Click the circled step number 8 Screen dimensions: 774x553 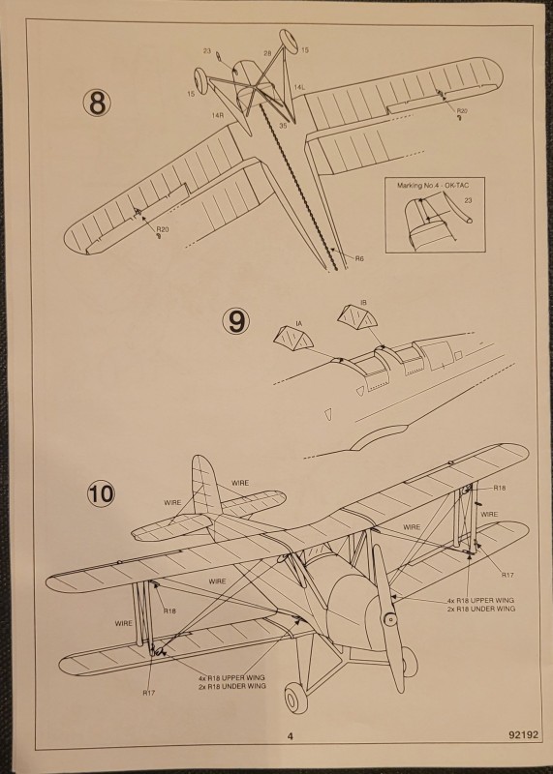pos(97,102)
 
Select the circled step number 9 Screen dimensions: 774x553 pos(235,320)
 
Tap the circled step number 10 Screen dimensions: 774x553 pos(101,492)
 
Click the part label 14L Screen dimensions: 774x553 pos(300,87)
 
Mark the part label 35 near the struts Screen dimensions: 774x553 pos(283,126)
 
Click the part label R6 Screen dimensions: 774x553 pos(358,258)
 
